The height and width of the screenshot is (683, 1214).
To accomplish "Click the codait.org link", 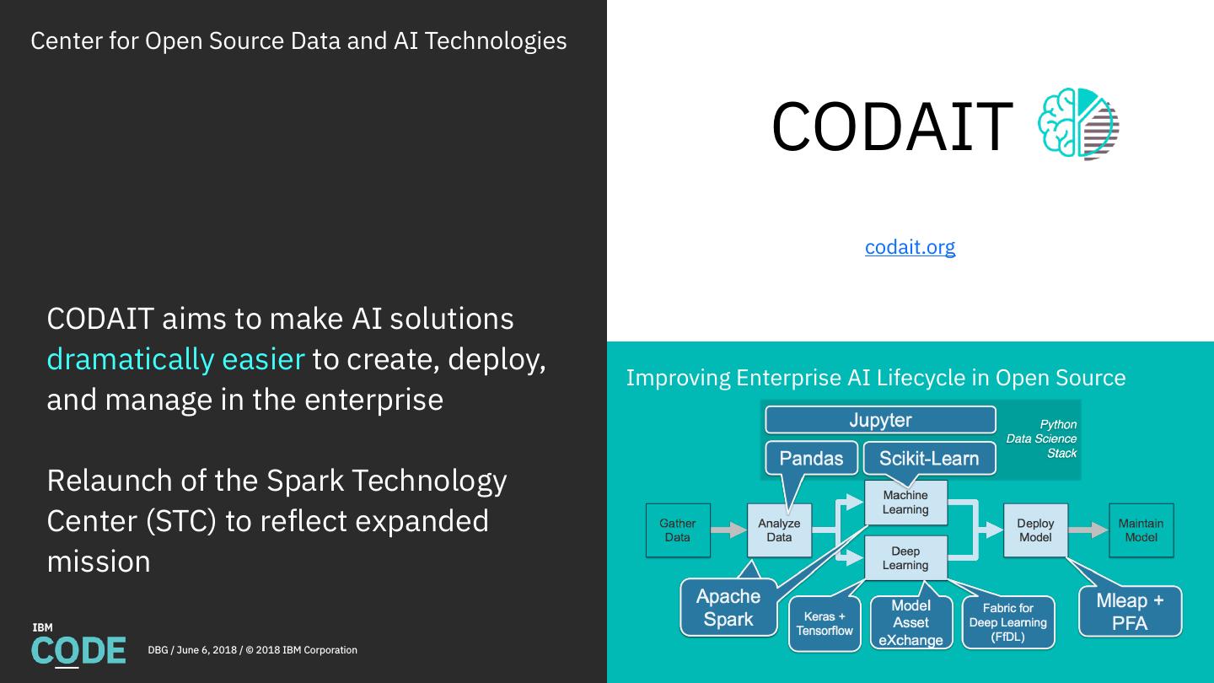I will click(x=910, y=247).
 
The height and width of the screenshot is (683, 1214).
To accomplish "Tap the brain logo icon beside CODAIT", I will click(x=1078, y=124).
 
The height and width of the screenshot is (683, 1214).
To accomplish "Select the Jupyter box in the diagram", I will click(x=880, y=420).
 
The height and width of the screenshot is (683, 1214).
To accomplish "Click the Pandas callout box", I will click(x=811, y=458).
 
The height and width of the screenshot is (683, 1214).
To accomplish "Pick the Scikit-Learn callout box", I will click(x=929, y=458).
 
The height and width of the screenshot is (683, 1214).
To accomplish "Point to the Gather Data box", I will click(x=677, y=530).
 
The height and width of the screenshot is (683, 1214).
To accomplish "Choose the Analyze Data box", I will click(x=779, y=530).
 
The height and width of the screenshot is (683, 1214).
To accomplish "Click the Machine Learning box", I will click(x=905, y=503).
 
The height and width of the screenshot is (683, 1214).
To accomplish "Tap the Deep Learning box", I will click(x=905, y=558).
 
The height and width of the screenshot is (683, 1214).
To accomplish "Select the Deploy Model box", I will click(x=1035, y=530).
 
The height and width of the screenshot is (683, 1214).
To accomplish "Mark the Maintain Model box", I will click(x=1141, y=530).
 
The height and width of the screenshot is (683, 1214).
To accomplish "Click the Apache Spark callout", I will click(x=728, y=608).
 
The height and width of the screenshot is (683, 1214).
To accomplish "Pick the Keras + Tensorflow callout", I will click(x=825, y=624).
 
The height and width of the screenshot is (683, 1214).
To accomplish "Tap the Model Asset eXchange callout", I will click(x=910, y=623).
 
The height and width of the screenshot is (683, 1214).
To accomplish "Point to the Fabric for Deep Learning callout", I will click(x=1007, y=623).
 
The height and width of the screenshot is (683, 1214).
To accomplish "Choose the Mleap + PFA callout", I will click(x=1130, y=611).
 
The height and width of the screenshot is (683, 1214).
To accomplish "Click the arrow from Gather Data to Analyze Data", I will click(x=728, y=530).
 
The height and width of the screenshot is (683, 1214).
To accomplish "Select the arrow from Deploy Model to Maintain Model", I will click(x=1088, y=530).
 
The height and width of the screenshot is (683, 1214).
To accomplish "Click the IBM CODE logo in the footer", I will click(x=78, y=645).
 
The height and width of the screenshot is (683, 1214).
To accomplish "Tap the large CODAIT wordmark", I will click(x=891, y=126).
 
